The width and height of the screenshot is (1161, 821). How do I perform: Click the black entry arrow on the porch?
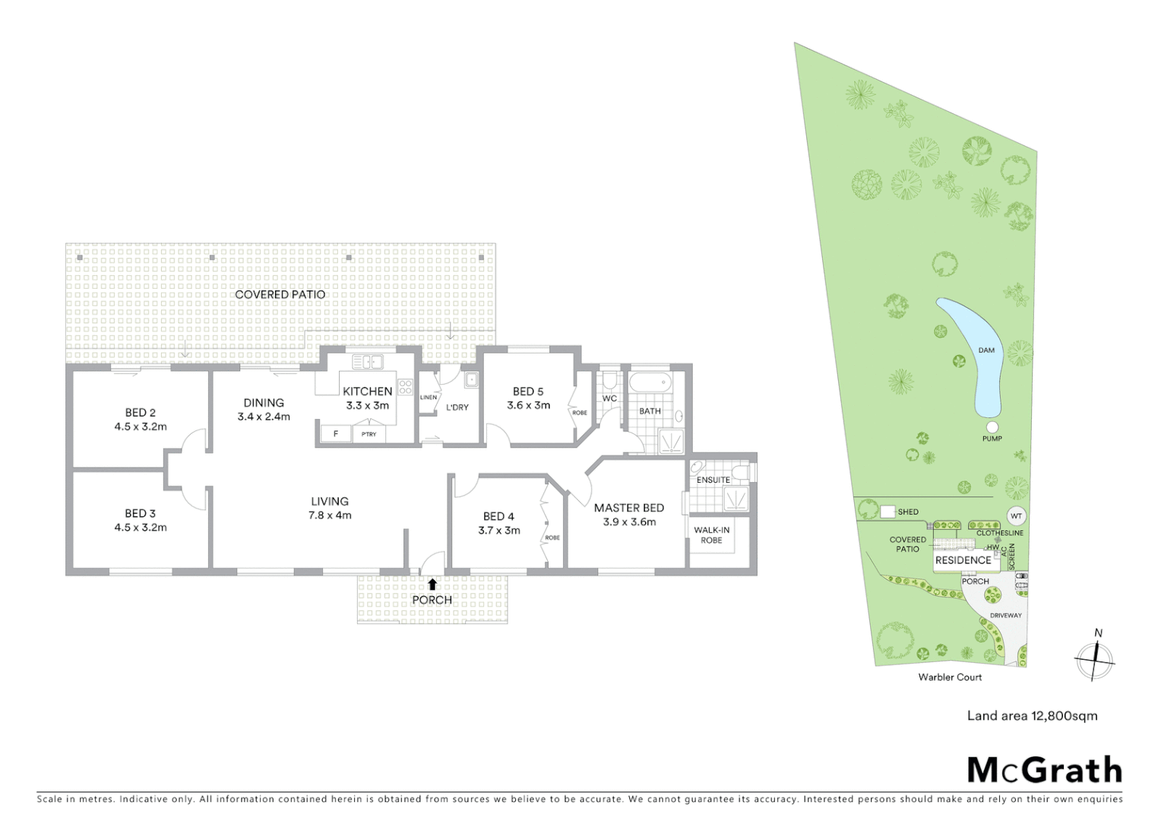coord(432,584)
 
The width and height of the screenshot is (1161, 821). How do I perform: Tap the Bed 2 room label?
coord(141,413)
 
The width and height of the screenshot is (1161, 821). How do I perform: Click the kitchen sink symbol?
coord(368,363)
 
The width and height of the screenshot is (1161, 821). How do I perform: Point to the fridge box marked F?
coord(335,434)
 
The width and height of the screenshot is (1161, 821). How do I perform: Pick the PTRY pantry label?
coord(369,434)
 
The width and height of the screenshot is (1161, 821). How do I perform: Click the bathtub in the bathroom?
coord(650,384)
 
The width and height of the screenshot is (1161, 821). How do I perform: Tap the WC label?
coord(609,398)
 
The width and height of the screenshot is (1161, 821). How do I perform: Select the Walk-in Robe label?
coord(711,534)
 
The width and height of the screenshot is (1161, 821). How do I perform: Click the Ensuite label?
coord(713,480)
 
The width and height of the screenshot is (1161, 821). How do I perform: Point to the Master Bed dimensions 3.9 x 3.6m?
coord(628,522)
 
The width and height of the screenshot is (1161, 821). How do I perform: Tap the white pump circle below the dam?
coord(992,427)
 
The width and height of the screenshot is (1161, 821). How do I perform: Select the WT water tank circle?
coord(1016,516)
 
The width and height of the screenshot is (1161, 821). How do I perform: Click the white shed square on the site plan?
coord(887,512)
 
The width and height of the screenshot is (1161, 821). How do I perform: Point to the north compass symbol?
coord(1095,656)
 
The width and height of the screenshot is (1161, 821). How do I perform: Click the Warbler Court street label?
coord(950,677)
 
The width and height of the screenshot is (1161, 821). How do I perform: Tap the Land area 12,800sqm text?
coord(1032,715)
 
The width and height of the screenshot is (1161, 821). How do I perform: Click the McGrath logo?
coord(1044,770)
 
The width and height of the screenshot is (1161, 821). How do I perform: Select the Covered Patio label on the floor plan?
coord(280,294)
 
